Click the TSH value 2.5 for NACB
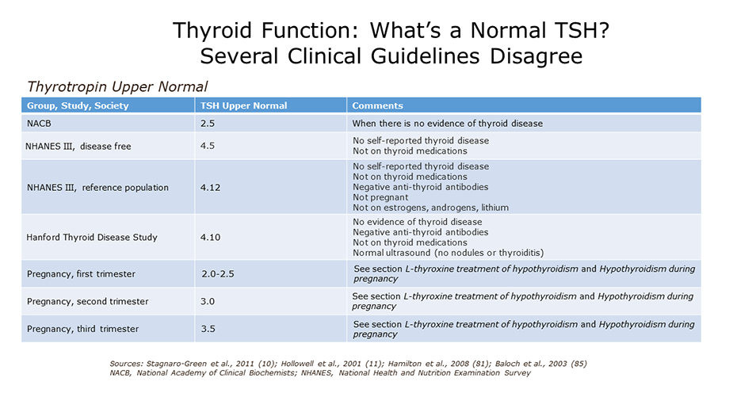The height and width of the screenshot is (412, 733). coord(208,124)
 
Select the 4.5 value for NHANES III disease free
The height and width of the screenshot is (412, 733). coord(208,146)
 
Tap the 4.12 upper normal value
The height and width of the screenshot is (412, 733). coord(210,188)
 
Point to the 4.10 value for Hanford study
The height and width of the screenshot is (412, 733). coord(210,237)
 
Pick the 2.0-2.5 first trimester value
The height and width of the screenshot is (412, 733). coord(218,274)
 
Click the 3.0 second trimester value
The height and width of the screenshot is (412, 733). coord(208,302)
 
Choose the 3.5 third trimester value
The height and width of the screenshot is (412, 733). coord(208,329)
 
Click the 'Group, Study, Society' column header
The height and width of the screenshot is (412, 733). coord(78,105)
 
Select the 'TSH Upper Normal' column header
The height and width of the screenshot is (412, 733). coord(243,105)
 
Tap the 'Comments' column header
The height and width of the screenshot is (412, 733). coord(377,105)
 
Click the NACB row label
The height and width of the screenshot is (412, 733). coord(39,124)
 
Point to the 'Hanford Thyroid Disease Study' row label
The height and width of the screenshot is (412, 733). coord(92,237)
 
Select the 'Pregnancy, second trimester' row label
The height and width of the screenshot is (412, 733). coord(87,302)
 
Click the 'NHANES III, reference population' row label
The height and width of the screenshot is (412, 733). coord(97,188)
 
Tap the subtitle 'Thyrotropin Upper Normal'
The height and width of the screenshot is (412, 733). coord(117,87)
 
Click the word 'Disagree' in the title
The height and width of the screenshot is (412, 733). coord(536,56)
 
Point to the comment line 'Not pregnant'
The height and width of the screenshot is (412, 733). coord(380,197)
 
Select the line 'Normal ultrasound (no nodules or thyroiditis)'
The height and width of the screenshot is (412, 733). coord(449,253)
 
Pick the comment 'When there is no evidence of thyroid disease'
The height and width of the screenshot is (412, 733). coord(448,124)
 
